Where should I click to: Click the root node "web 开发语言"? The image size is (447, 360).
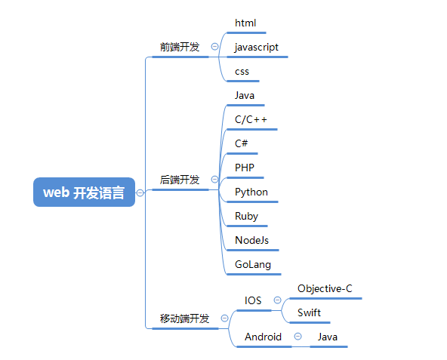click(84, 192)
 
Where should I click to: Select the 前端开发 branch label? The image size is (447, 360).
click(180, 47)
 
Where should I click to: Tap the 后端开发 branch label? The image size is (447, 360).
click(180, 180)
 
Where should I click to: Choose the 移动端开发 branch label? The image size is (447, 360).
click(184, 318)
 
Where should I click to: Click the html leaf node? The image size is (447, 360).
click(245, 23)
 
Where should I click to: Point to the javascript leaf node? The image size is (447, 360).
click(257, 47)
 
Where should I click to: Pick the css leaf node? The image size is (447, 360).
click(242, 72)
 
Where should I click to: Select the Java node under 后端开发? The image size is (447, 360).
click(245, 96)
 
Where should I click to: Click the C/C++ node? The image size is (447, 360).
click(251, 120)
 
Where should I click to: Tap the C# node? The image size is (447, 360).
click(242, 143)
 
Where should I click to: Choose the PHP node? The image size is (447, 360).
click(245, 168)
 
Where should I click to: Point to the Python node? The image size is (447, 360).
click(251, 192)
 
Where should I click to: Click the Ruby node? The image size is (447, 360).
click(246, 216)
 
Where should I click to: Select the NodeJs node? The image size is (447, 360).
click(252, 240)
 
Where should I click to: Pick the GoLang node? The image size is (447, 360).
click(253, 265)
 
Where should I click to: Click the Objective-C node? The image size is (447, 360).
click(325, 288)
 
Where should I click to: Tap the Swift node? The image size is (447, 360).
click(309, 312)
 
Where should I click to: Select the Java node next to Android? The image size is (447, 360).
click(328, 337)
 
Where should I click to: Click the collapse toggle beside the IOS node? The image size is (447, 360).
click(276, 300)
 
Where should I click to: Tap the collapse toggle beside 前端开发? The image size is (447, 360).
click(214, 47)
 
